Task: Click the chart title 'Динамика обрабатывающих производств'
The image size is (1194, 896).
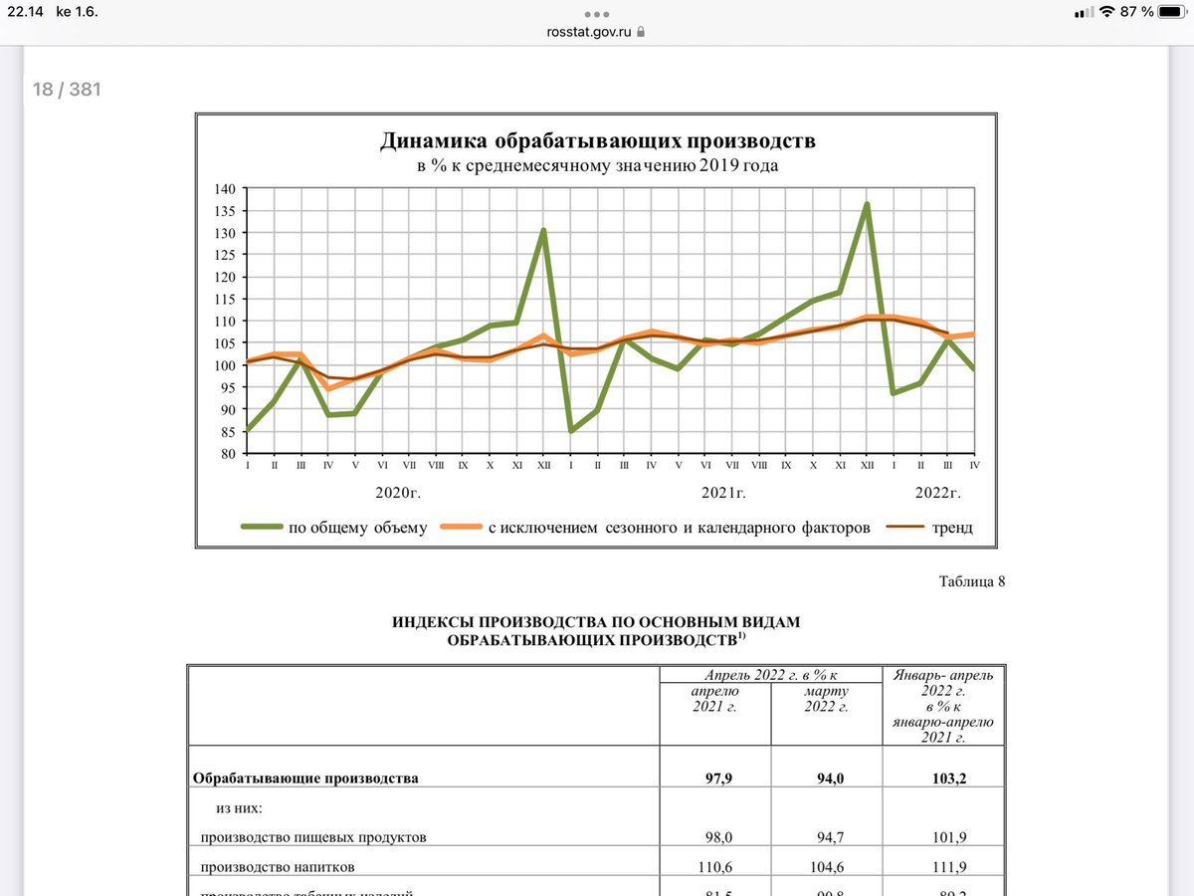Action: [597, 140]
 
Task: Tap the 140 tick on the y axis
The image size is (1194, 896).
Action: [224, 189]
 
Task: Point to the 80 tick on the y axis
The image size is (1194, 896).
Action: [226, 453]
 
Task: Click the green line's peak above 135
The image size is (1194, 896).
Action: [867, 205]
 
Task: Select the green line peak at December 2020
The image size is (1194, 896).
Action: [543, 231]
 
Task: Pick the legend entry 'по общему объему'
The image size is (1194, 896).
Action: [357, 528]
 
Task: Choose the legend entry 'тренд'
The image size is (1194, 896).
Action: [952, 528]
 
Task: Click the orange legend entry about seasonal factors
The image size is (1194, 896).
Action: [679, 528]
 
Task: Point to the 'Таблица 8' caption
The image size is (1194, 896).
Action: [972, 582]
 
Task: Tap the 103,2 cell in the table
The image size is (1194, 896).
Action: [944, 779]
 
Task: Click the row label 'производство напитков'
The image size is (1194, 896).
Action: [278, 867]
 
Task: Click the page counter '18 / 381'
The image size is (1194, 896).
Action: [67, 90]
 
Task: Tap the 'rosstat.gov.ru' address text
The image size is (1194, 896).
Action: [589, 31]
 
